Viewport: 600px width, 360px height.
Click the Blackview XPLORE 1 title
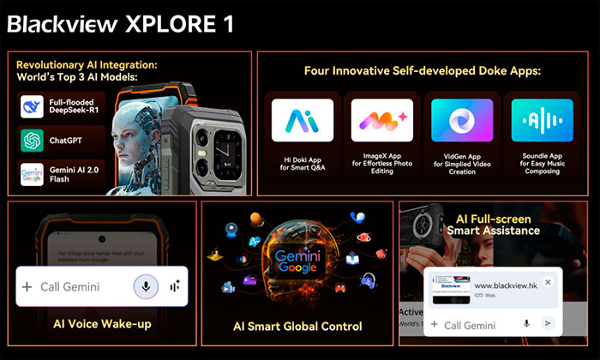pos(120,22)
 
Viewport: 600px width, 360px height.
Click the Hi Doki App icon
pos(302,121)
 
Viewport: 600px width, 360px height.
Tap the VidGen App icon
pos(460,121)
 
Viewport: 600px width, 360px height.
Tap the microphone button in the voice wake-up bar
pos(145,287)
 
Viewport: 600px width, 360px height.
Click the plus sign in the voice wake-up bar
pos(27,287)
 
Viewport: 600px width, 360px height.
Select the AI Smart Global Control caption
pos(297,327)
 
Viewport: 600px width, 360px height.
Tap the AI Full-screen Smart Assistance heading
pos(498,225)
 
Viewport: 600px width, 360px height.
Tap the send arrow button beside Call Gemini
pos(549,324)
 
